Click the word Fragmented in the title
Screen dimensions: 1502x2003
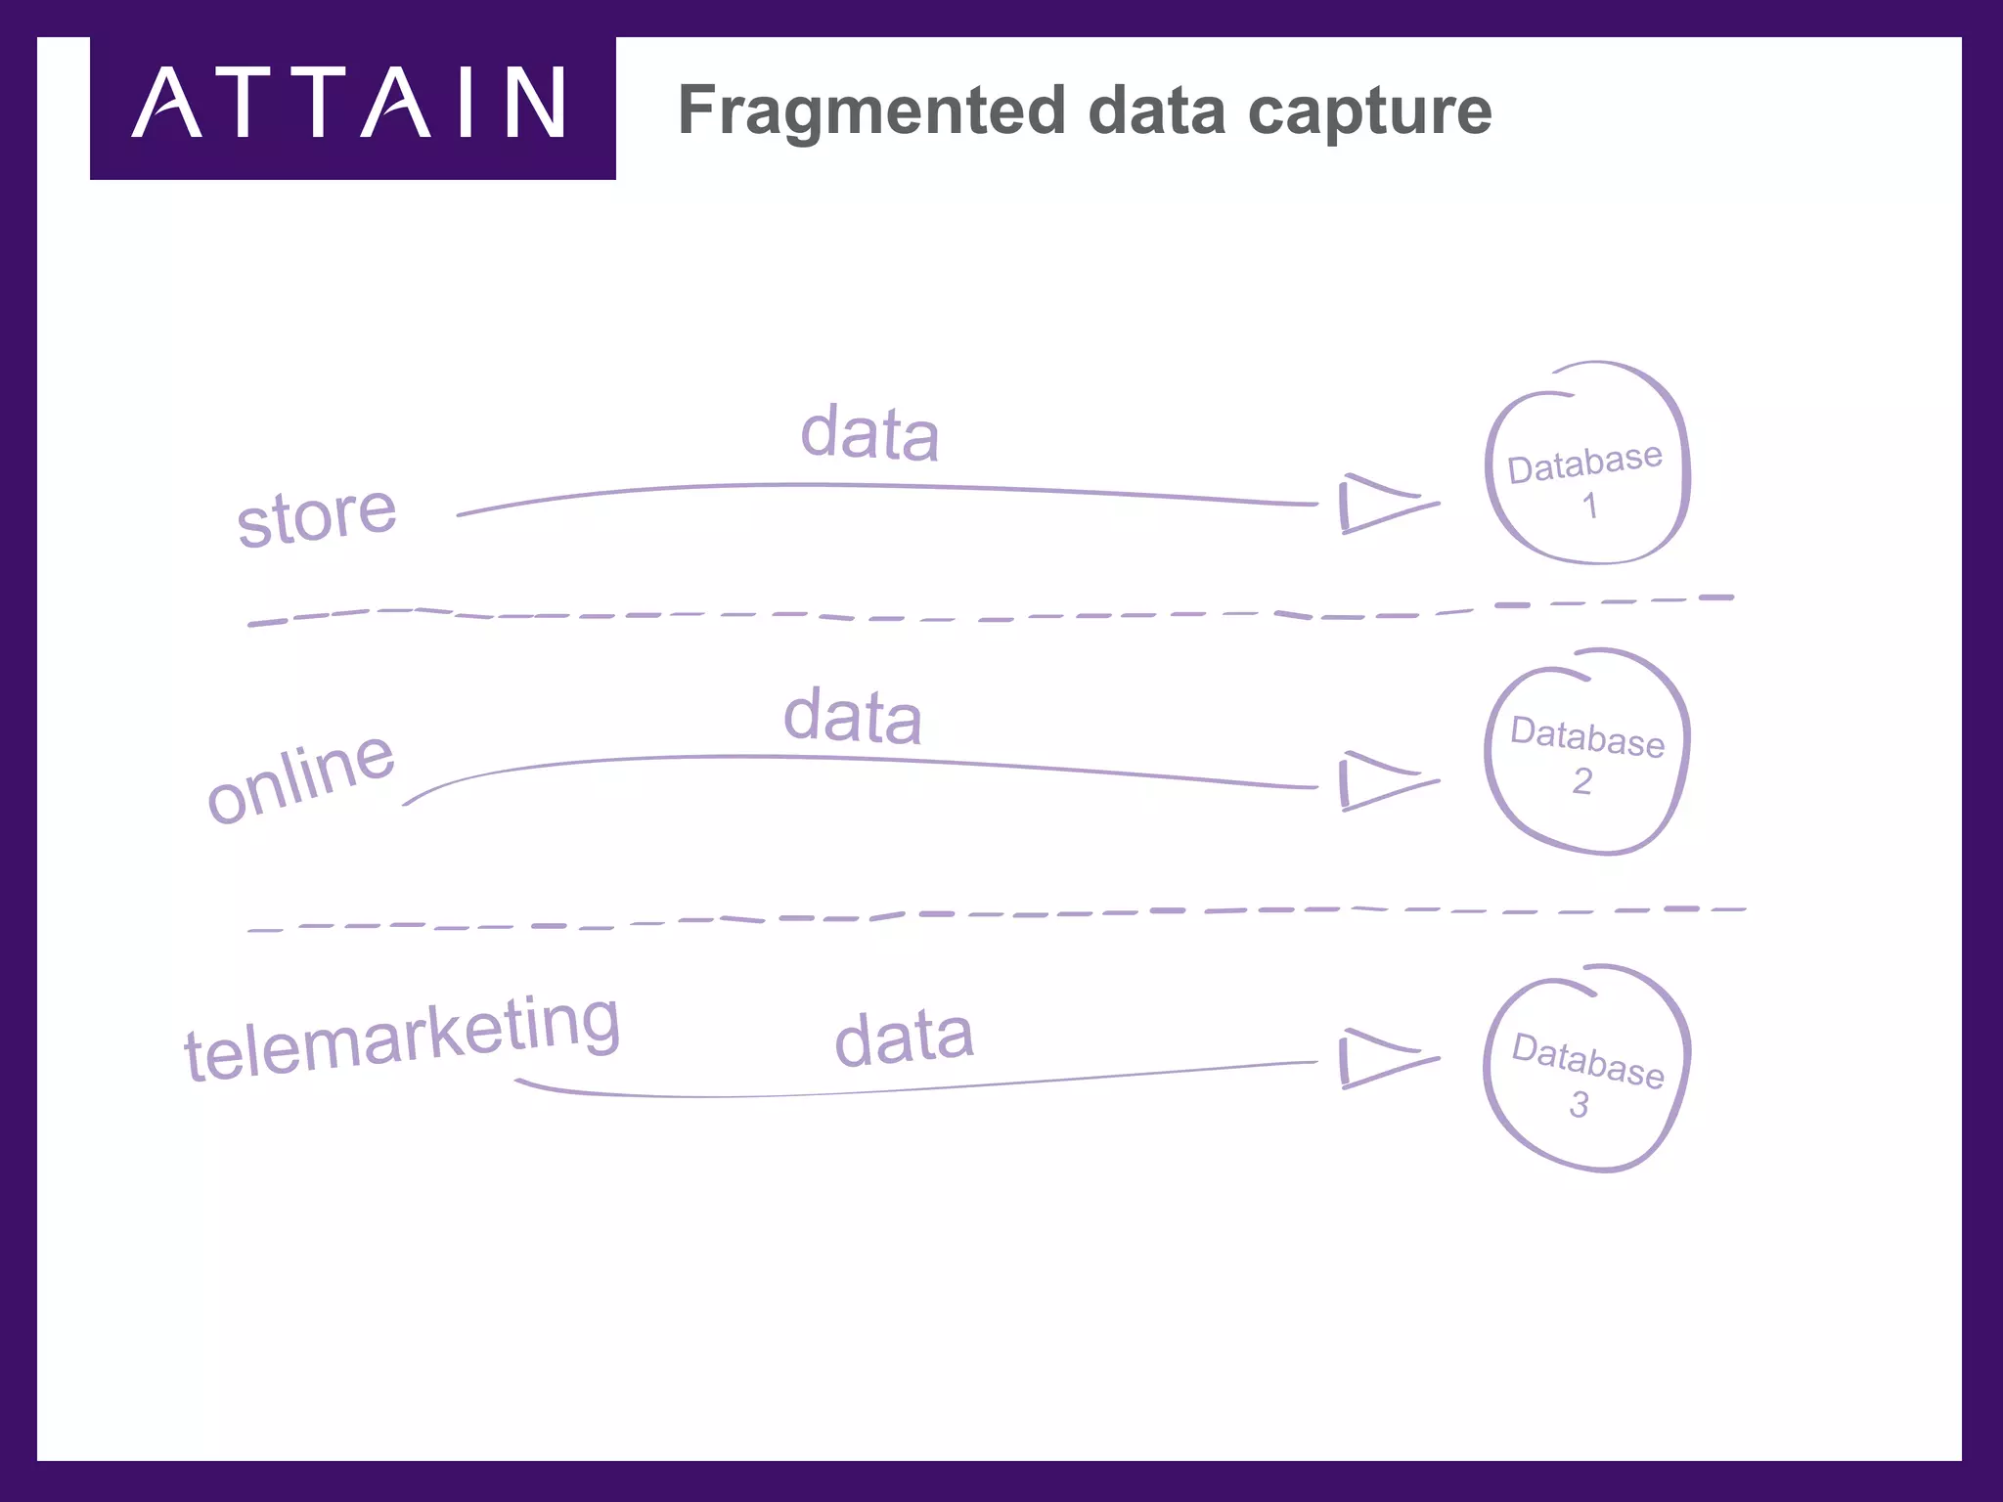coord(870,110)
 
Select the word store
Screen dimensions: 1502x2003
coord(317,516)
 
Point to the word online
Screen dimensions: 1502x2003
coord(301,778)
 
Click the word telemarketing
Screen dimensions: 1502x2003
coord(402,1039)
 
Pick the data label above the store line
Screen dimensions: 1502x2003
coord(869,432)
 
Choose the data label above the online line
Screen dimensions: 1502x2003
coord(852,717)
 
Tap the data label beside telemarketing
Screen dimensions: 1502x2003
coord(904,1038)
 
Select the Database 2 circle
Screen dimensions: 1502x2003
coord(1587,752)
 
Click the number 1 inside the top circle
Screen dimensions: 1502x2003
coord(1590,506)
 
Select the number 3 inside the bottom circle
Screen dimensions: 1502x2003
coord(1580,1105)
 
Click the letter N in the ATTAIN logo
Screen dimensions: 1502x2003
coord(536,103)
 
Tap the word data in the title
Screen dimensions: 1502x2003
coord(1156,110)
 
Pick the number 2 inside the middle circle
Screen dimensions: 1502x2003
coord(1582,781)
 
